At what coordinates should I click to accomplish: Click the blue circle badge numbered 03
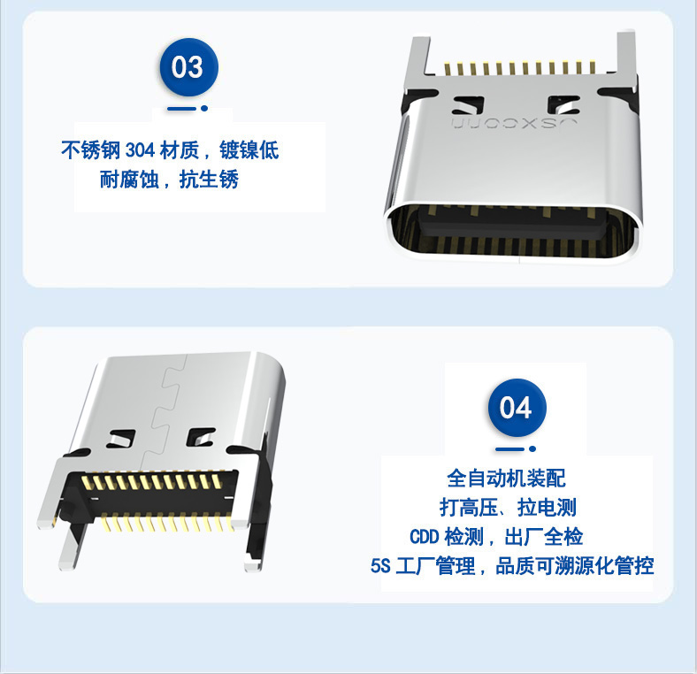189,67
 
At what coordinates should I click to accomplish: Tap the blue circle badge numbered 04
517,408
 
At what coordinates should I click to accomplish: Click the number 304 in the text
140,150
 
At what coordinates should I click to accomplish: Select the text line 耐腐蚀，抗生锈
169,180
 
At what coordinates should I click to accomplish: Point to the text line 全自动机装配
506,479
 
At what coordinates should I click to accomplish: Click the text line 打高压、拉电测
508,508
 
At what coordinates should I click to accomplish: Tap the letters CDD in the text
424,537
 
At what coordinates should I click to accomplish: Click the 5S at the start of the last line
380,566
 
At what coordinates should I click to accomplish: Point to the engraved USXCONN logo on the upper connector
514,124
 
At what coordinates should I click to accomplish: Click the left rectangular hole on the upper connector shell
468,106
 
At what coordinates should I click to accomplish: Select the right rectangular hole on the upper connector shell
563,106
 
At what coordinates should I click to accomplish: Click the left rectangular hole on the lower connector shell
120,439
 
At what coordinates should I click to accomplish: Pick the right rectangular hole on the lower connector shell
201,437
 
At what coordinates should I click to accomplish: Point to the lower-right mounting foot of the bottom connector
252,563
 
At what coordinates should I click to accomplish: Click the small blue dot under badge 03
204,108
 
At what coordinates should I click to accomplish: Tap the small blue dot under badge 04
532,448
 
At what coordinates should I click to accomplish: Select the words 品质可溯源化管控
574,566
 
